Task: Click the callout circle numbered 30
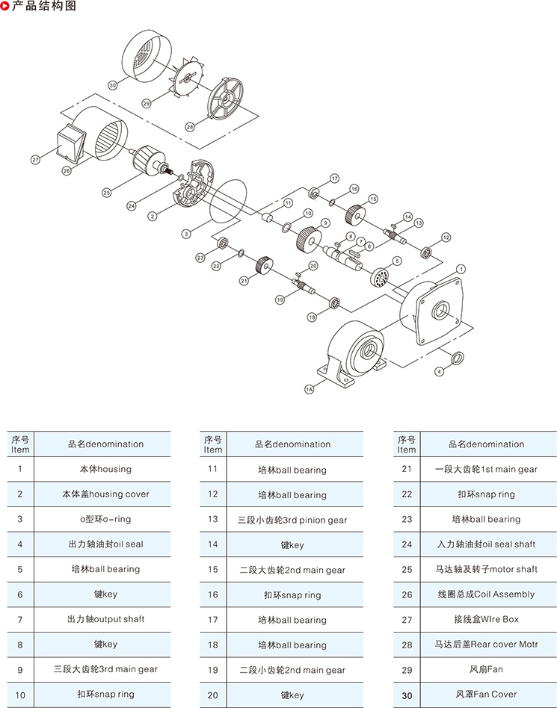[x=113, y=85]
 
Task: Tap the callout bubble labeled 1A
[x=309, y=389]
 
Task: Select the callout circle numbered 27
[x=35, y=160]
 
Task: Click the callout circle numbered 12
[x=446, y=237]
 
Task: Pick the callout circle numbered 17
[x=334, y=178]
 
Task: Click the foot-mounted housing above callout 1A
[x=357, y=351]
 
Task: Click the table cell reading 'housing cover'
[x=105, y=494]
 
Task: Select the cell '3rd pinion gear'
[x=292, y=520]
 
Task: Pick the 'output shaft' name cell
[x=105, y=619]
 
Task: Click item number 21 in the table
[x=407, y=469]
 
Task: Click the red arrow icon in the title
[x=6, y=7]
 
